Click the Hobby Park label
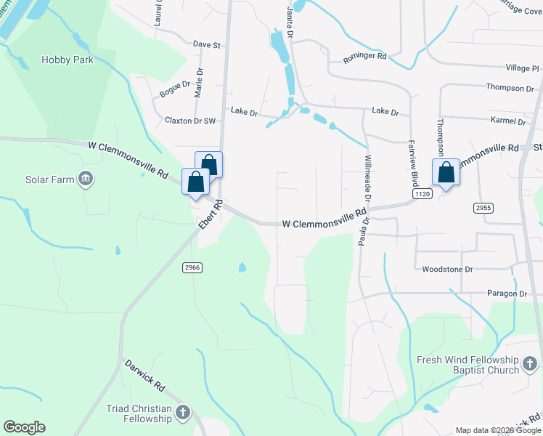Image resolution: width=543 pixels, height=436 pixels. pyautogui.click(x=68, y=60)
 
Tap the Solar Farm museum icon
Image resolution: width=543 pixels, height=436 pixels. pyautogui.click(x=86, y=179)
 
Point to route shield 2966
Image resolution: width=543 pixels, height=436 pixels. pyautogui.click(x=192, y=267)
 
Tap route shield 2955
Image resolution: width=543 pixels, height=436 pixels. pyautogui.click(x=483, y=208)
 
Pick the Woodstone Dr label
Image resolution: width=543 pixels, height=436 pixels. pyautogui.click(x=447, y=269)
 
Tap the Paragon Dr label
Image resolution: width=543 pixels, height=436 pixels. pyautogui.click(x=505, y=294)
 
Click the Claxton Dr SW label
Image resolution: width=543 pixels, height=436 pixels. pyautogui.click(x=191, y=121)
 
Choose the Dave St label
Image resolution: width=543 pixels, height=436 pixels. pyautogui.click(x=206, y=44)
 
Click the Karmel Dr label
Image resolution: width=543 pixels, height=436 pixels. pyautogui.click(x=507, y=121)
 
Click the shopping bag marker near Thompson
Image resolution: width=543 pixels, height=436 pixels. pyautogui.click(x=446, y=173)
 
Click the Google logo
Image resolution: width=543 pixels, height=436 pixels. pyautogui.click(x=24, y=427)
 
